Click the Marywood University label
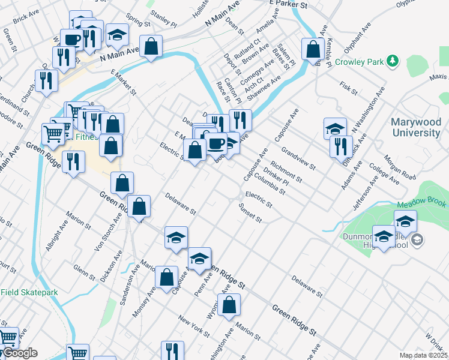coord(415,127)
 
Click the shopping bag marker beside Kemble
coord(312,49)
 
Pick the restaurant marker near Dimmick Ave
coord(341,146)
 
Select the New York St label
coord(193,325)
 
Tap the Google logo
coord(19,353)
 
